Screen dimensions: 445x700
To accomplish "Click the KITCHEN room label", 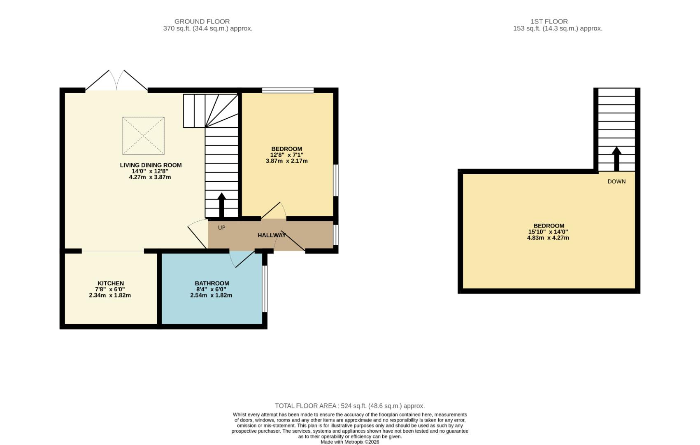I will click(x=110, y=283).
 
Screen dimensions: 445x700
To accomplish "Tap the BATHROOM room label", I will click(x=212, y=283).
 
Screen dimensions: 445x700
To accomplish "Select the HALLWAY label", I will click(x=272, y=235).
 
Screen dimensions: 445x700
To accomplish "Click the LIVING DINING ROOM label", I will click(x=151, y=165).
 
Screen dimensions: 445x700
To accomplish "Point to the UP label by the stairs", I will click(x=221, y=228).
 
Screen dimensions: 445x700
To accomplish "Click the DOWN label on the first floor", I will click(x=616, y=182).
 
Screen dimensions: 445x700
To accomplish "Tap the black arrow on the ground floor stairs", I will click(x=221, y=205).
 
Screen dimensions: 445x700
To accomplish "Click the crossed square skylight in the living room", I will click(x=143, y=136).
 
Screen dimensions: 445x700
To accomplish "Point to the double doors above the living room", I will click(x=116, y=80).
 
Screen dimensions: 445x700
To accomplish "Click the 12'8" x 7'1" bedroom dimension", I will click(x=286, y=155).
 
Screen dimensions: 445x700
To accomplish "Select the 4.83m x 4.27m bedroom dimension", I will click(x=548, y=238).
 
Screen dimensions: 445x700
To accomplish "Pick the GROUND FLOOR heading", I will click(x=202, y=21).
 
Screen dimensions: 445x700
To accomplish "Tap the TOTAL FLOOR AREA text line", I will click(x=350, y=406).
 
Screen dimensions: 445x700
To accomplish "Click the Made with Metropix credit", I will click(x=350, y=442).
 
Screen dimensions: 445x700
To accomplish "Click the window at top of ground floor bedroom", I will click(x=288, y=90).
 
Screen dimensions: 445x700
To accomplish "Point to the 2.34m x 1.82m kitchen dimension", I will click(x=110, y=295).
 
